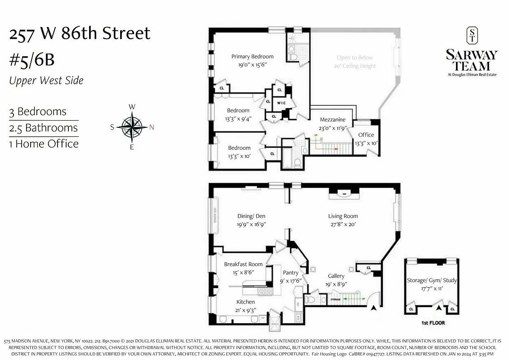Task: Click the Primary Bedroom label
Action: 252,56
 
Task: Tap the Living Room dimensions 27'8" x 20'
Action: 343,224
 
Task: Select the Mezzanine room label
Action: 333,120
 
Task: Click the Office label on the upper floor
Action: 366,135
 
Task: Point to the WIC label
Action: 281,103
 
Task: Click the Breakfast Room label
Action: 243,264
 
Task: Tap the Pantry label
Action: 290,273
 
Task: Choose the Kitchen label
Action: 246,302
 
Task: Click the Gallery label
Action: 336,276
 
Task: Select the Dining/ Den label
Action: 252,216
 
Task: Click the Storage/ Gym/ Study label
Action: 432,280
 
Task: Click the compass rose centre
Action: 132,127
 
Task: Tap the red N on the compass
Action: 152,127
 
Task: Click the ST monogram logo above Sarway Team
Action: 473,36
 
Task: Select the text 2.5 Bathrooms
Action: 44,128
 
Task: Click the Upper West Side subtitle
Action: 46,81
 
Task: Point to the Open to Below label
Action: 355,58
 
